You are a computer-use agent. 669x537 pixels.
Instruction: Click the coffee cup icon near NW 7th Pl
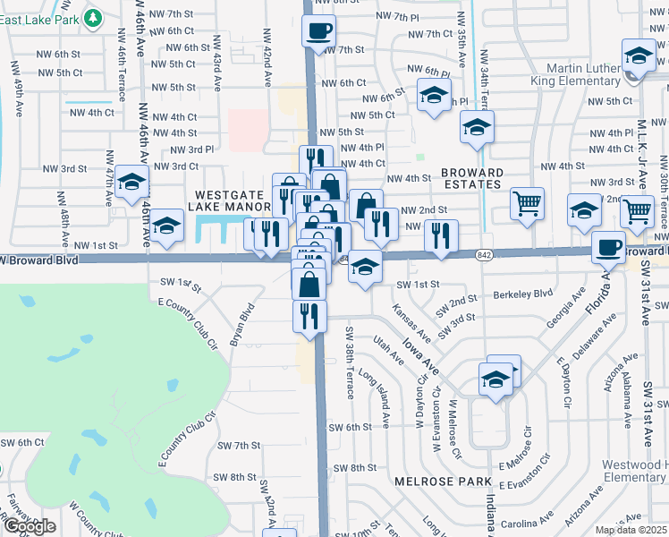tap(319, 33)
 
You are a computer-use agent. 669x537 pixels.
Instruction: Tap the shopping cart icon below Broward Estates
tap(528, 203)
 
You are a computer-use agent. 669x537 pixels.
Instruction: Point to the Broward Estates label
tap(470, 178)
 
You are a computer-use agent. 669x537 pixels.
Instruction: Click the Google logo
tap(29, 526)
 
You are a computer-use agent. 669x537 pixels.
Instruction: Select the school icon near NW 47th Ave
tap(132, 183)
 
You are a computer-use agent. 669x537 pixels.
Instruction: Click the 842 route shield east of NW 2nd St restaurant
tap(484, 239)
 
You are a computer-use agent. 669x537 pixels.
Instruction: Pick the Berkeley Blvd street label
tap(518, 294)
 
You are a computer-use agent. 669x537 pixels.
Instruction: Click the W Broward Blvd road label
tap(40, 260)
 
